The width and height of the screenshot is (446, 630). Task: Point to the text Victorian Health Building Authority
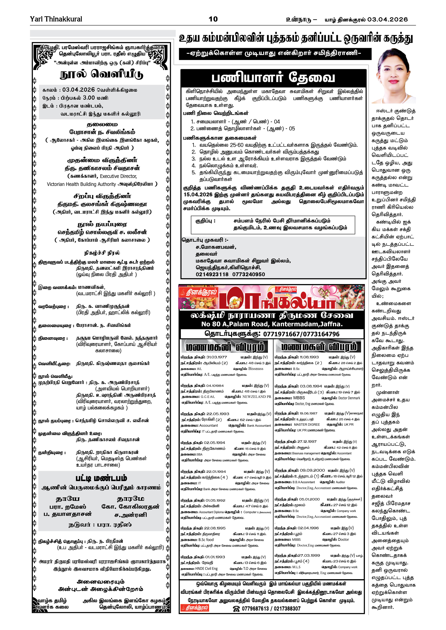(x=81, y=184)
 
